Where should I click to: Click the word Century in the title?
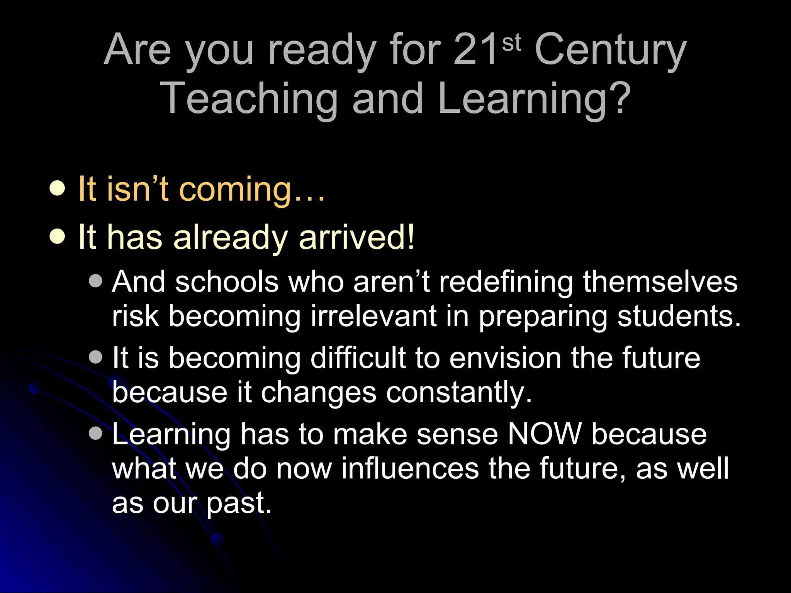click(610, 50)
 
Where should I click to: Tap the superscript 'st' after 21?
click(511, 43)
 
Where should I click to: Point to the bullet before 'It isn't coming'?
click(58, 189)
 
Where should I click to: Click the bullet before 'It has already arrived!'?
click(58, 237)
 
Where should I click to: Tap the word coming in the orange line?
click(236, 190)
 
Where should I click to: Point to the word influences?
click(410, 468)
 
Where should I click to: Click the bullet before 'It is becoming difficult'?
click(95, 357)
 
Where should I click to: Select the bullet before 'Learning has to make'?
click(95, 433)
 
